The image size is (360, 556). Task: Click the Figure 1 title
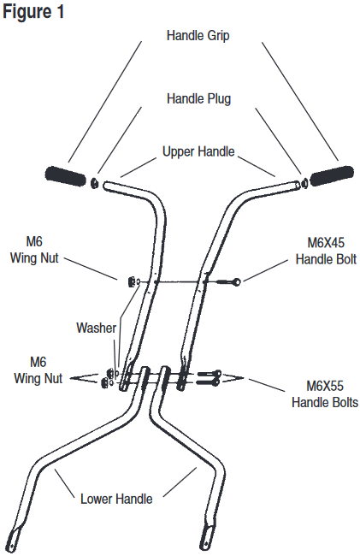point(33,11)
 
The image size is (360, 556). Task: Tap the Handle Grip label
point(198,35)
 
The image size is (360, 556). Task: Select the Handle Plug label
point(198,98)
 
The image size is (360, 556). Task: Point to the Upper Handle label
point(198,151)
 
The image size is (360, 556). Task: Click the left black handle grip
point(66,176)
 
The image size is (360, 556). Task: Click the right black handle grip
point(332,175)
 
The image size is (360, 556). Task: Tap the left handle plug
point(95,183)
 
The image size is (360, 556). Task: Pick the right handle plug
point(304,183)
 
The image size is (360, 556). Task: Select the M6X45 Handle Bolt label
point(326,251)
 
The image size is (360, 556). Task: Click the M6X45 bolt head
point(237,282)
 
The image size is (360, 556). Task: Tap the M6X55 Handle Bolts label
point(325,394)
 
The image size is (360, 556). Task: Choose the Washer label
point(96,328)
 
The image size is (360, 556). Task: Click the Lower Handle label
point(116,499)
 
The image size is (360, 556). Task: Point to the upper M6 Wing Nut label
point(34,250)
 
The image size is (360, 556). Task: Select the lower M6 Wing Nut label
point(38,370)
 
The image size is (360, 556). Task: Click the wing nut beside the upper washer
point(130,281)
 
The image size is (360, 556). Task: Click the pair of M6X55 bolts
point(209,378)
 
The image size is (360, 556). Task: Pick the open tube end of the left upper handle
point(105,185)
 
